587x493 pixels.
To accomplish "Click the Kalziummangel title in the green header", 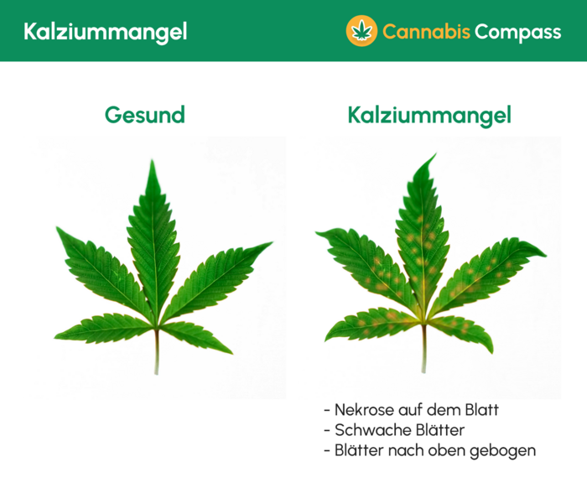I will [105, 32].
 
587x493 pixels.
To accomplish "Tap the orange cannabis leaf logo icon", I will [362, 31].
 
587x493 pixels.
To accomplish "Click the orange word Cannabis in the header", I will [425, 32].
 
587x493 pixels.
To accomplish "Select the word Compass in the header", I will [517, 32].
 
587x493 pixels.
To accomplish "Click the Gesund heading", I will [144, 115].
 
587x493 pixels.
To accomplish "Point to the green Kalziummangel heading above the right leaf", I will [429, 115].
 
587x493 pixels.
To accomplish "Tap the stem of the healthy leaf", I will [156, 352].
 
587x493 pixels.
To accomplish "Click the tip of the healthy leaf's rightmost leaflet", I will [271, 244].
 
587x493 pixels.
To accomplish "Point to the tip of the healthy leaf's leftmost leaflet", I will [58, 228].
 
